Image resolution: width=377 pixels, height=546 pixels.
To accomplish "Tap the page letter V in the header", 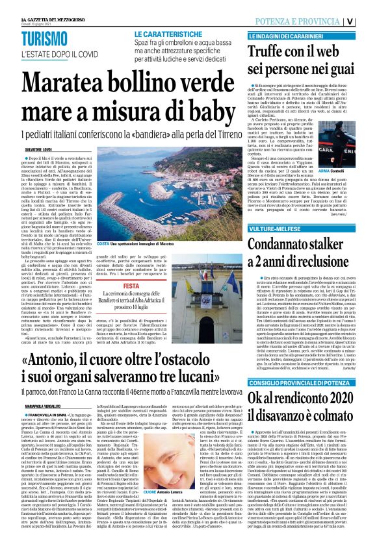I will pos(367,19).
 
